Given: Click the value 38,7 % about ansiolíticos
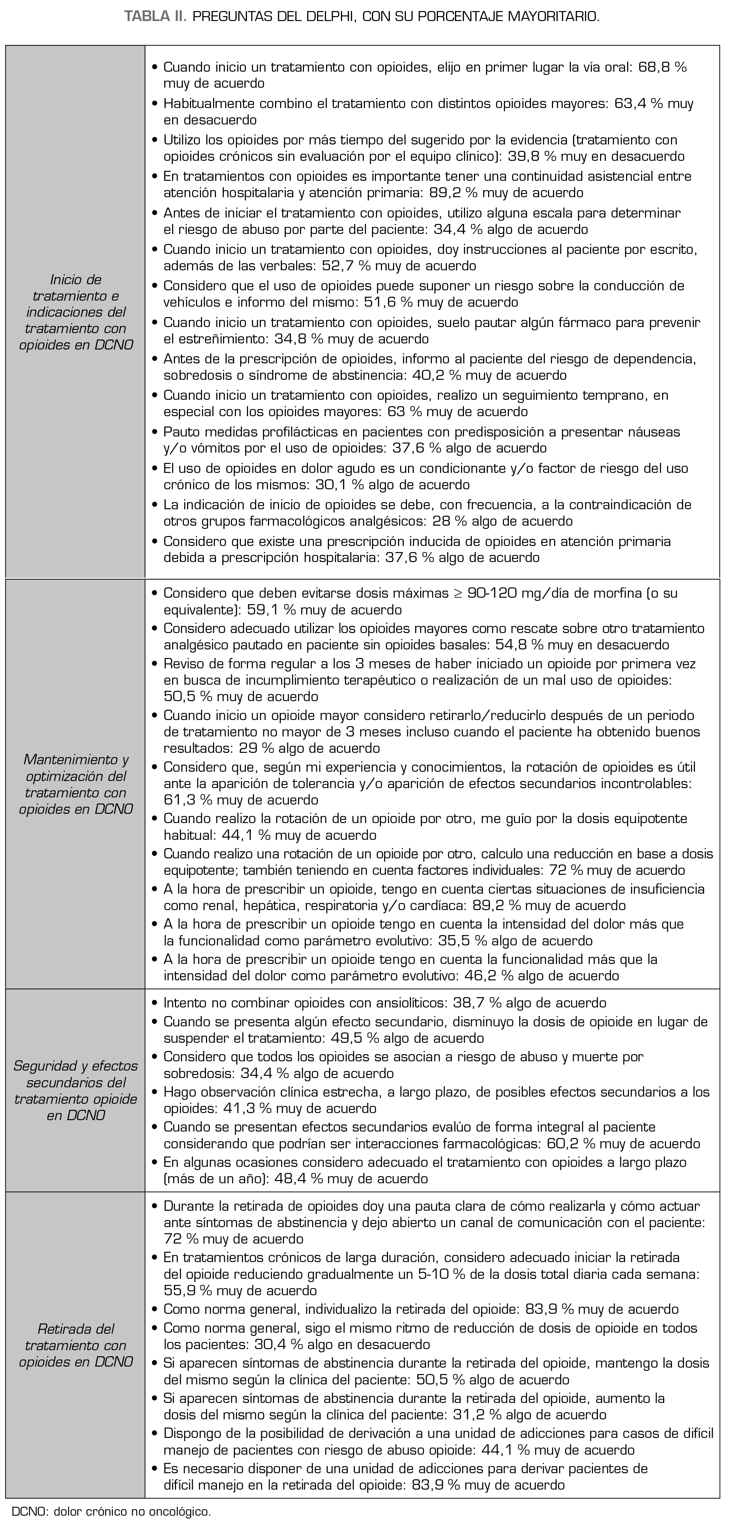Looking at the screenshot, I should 476,1002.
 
